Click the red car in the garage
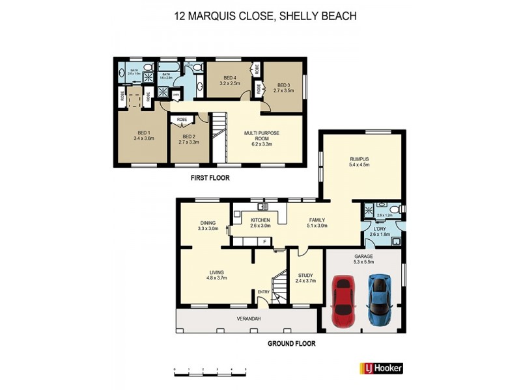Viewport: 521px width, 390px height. pyautogui.click(x=343, y=302)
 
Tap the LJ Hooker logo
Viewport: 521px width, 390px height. pyautogui.click(x=382, y=368)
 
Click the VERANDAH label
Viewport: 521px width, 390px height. pyautogui.click(x=248, y=318)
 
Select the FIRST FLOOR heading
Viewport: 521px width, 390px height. pyautogui.click(x=210, y=177)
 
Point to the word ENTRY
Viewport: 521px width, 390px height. pyautogui.click(x=264, y=292)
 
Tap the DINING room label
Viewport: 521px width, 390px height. pyautogui.click(x=208, y=222)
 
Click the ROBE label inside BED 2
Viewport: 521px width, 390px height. pyautogui.click(x=182, y=120)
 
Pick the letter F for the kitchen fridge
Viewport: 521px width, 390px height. pyautogui.click(x=264, y=242)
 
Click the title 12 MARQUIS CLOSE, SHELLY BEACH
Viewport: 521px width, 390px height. pyautogui.click(x=265, y=16)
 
